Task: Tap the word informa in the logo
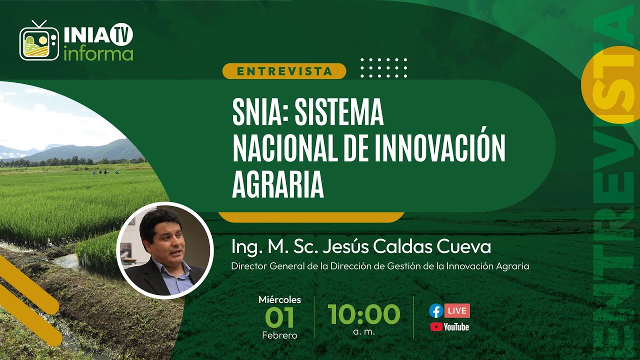(x=98, y=53)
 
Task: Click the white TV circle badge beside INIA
(x=121, y=33)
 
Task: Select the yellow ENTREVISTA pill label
(x=284, y=71)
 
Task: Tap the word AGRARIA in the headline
(x=278, y=185)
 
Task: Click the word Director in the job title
(x=248, y=266)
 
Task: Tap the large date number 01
(x=279, y=317)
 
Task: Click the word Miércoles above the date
(x=279, y=300)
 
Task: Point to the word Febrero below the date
(x=279, y=335)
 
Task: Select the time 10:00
(x=364, y=314)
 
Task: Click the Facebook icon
(x=436, y=311)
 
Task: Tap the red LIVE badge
(x=457, y=311)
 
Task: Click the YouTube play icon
(x=436, y=327)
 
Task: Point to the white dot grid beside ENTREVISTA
(x=384, y=67)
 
